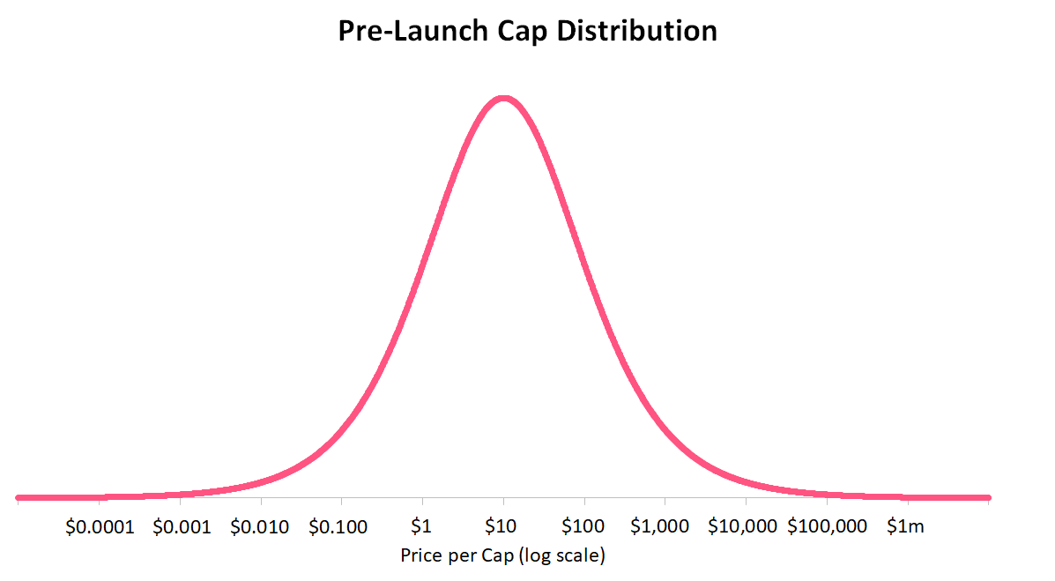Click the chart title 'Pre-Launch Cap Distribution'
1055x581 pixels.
pos(527,32)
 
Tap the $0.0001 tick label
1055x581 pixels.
pos(100,527)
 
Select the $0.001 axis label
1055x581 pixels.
pos(182,527)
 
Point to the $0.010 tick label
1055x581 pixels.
pos(260,527)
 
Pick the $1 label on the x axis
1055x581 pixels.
pos(422,527)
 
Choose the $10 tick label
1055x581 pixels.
pos(500,527)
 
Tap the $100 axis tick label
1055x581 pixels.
pos(583,527)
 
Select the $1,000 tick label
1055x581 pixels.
pos(660,527)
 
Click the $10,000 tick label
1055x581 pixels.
pos(743,527)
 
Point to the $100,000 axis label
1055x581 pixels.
pos(828,527)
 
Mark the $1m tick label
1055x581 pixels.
pos(906,527)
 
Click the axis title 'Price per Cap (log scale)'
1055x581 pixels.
pos(503,556)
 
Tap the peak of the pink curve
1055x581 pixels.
pos(502,98)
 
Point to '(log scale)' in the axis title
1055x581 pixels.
pos(564,556)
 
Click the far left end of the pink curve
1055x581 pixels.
pos(19,498)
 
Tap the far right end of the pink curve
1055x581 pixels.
pos(988,498)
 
